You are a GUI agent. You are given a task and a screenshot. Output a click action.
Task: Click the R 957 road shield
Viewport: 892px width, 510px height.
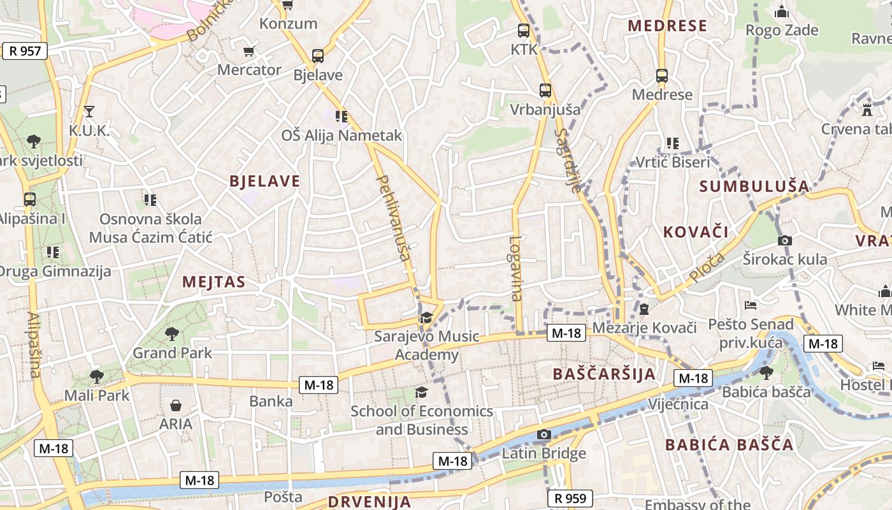click(25, 51)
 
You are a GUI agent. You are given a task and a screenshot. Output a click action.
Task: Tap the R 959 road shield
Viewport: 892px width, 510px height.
click(570, 498)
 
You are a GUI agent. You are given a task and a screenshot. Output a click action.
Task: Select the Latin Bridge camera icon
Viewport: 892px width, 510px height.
click(543, 435)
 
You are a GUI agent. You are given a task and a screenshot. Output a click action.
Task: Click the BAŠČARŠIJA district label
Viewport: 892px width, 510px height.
click(604, 374)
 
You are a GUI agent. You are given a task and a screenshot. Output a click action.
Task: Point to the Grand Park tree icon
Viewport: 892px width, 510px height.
click(171, 333)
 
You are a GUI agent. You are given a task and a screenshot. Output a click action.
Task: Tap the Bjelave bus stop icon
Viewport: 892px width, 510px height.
click(318, 56)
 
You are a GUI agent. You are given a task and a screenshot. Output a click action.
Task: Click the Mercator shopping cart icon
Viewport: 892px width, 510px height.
click(248, 51)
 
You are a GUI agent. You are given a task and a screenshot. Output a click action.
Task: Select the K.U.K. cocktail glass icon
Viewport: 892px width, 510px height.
click(89, 112)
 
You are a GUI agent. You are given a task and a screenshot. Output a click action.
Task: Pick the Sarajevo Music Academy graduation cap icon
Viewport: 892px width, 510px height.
click(426, 317)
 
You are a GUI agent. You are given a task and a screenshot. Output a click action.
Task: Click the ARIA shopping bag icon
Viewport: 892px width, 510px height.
click(176, 405)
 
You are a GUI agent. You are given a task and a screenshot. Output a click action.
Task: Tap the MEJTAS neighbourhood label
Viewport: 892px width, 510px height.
click(213, 282)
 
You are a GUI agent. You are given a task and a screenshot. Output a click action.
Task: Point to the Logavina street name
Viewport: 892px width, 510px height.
click(516, 268)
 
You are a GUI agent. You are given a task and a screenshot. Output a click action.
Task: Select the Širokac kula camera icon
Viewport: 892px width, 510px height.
click(785, 240)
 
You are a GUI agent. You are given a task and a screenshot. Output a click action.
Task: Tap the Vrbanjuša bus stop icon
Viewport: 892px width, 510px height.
click(545, 91)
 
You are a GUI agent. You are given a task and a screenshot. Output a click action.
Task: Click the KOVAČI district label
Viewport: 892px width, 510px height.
click(696, 231)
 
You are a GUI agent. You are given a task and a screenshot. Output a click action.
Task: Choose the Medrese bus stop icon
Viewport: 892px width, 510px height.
click(662, 76)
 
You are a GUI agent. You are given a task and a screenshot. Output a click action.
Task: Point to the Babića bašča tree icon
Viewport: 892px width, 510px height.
click(766, 372)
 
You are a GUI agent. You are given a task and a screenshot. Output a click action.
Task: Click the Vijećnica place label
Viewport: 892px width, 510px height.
click(678, 404)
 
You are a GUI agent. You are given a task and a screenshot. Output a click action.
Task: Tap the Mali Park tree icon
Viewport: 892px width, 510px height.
click(96, 376)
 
